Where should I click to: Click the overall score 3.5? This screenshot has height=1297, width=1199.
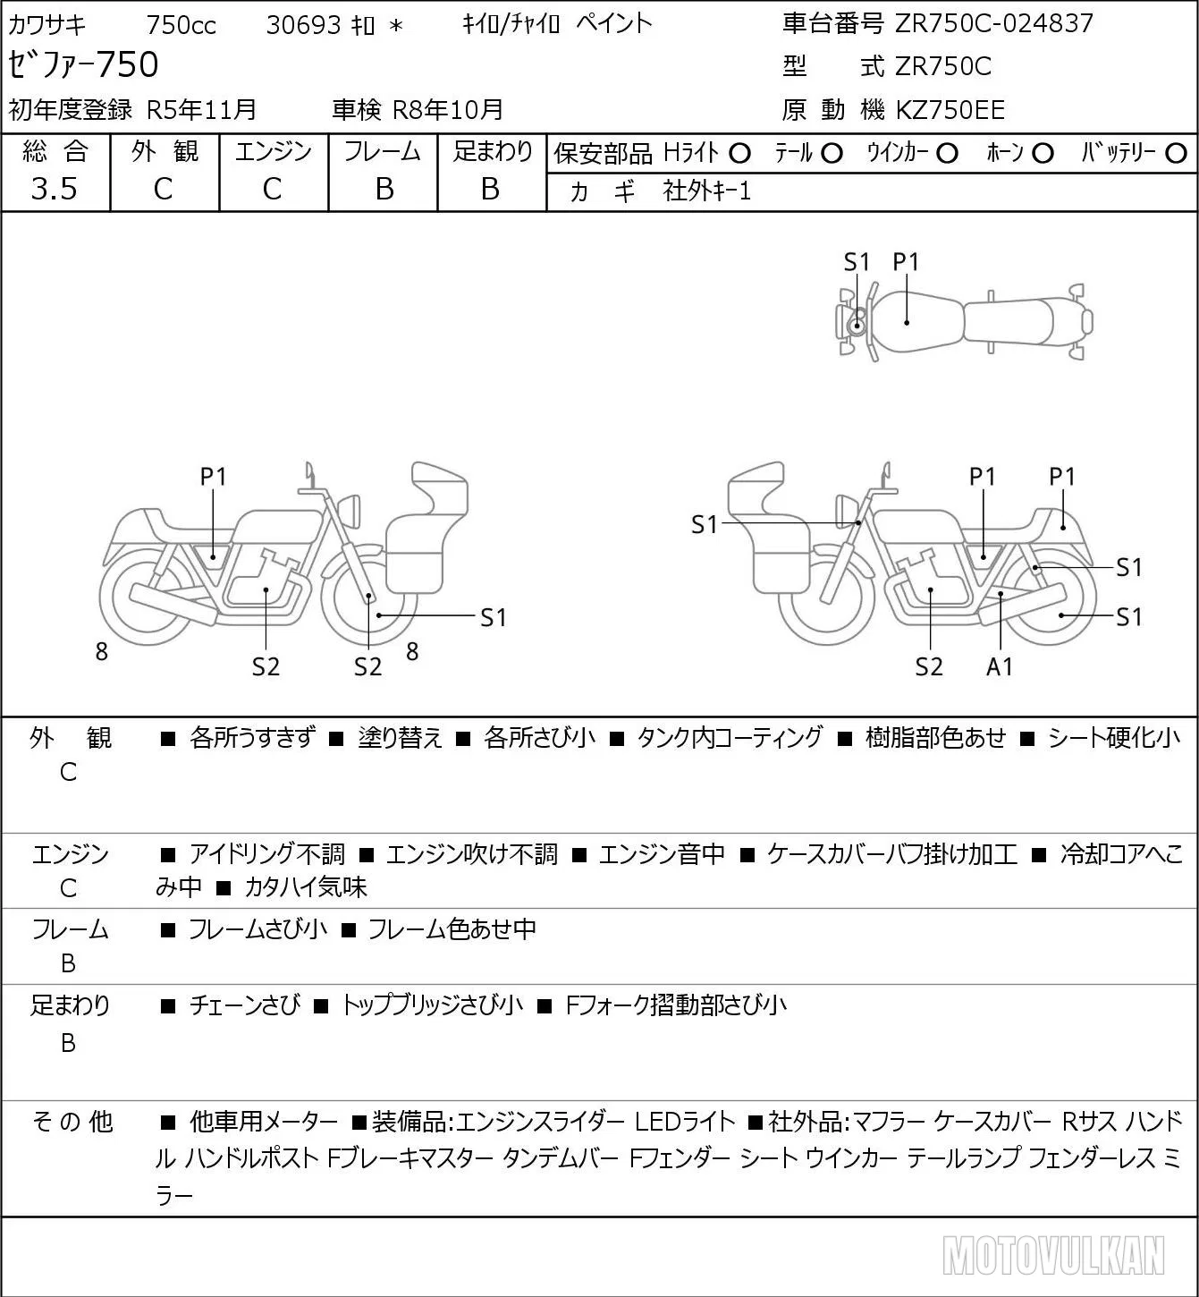55,189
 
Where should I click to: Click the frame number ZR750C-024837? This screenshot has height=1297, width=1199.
994,23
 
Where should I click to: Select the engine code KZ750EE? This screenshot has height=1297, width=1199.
950,110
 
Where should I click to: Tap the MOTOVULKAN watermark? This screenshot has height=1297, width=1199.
1053,1255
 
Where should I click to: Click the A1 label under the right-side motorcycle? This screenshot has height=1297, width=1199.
1000,666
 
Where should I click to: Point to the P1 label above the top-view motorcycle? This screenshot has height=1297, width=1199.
906,262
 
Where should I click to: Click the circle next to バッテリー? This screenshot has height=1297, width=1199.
1176,154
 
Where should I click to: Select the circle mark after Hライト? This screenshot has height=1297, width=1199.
739,154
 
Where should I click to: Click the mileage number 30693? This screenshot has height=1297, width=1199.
304,25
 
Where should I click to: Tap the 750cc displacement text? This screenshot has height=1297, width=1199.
181,25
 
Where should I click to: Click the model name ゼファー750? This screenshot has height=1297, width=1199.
83,64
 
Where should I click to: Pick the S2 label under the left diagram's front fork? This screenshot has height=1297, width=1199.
367,666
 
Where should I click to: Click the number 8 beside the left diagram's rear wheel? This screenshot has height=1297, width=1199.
101,651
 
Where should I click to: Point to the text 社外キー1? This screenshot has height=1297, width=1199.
707,191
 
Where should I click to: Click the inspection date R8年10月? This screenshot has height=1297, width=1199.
447,110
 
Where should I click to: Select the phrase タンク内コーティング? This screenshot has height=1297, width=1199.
729,737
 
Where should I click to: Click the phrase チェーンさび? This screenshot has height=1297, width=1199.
244,1005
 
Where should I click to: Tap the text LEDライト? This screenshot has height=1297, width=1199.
685,1122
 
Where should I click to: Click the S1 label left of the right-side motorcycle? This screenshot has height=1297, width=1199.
704,524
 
